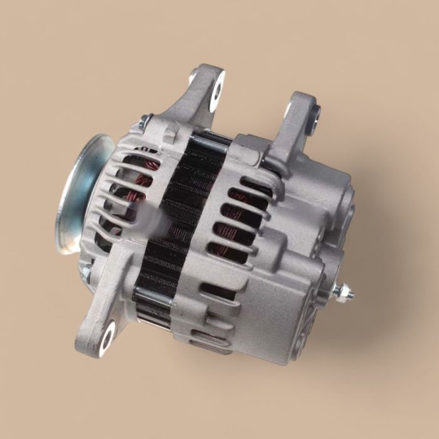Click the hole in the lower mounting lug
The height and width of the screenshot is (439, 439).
tap(106, 333)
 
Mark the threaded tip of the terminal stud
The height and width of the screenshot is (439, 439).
tap(350, 294)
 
